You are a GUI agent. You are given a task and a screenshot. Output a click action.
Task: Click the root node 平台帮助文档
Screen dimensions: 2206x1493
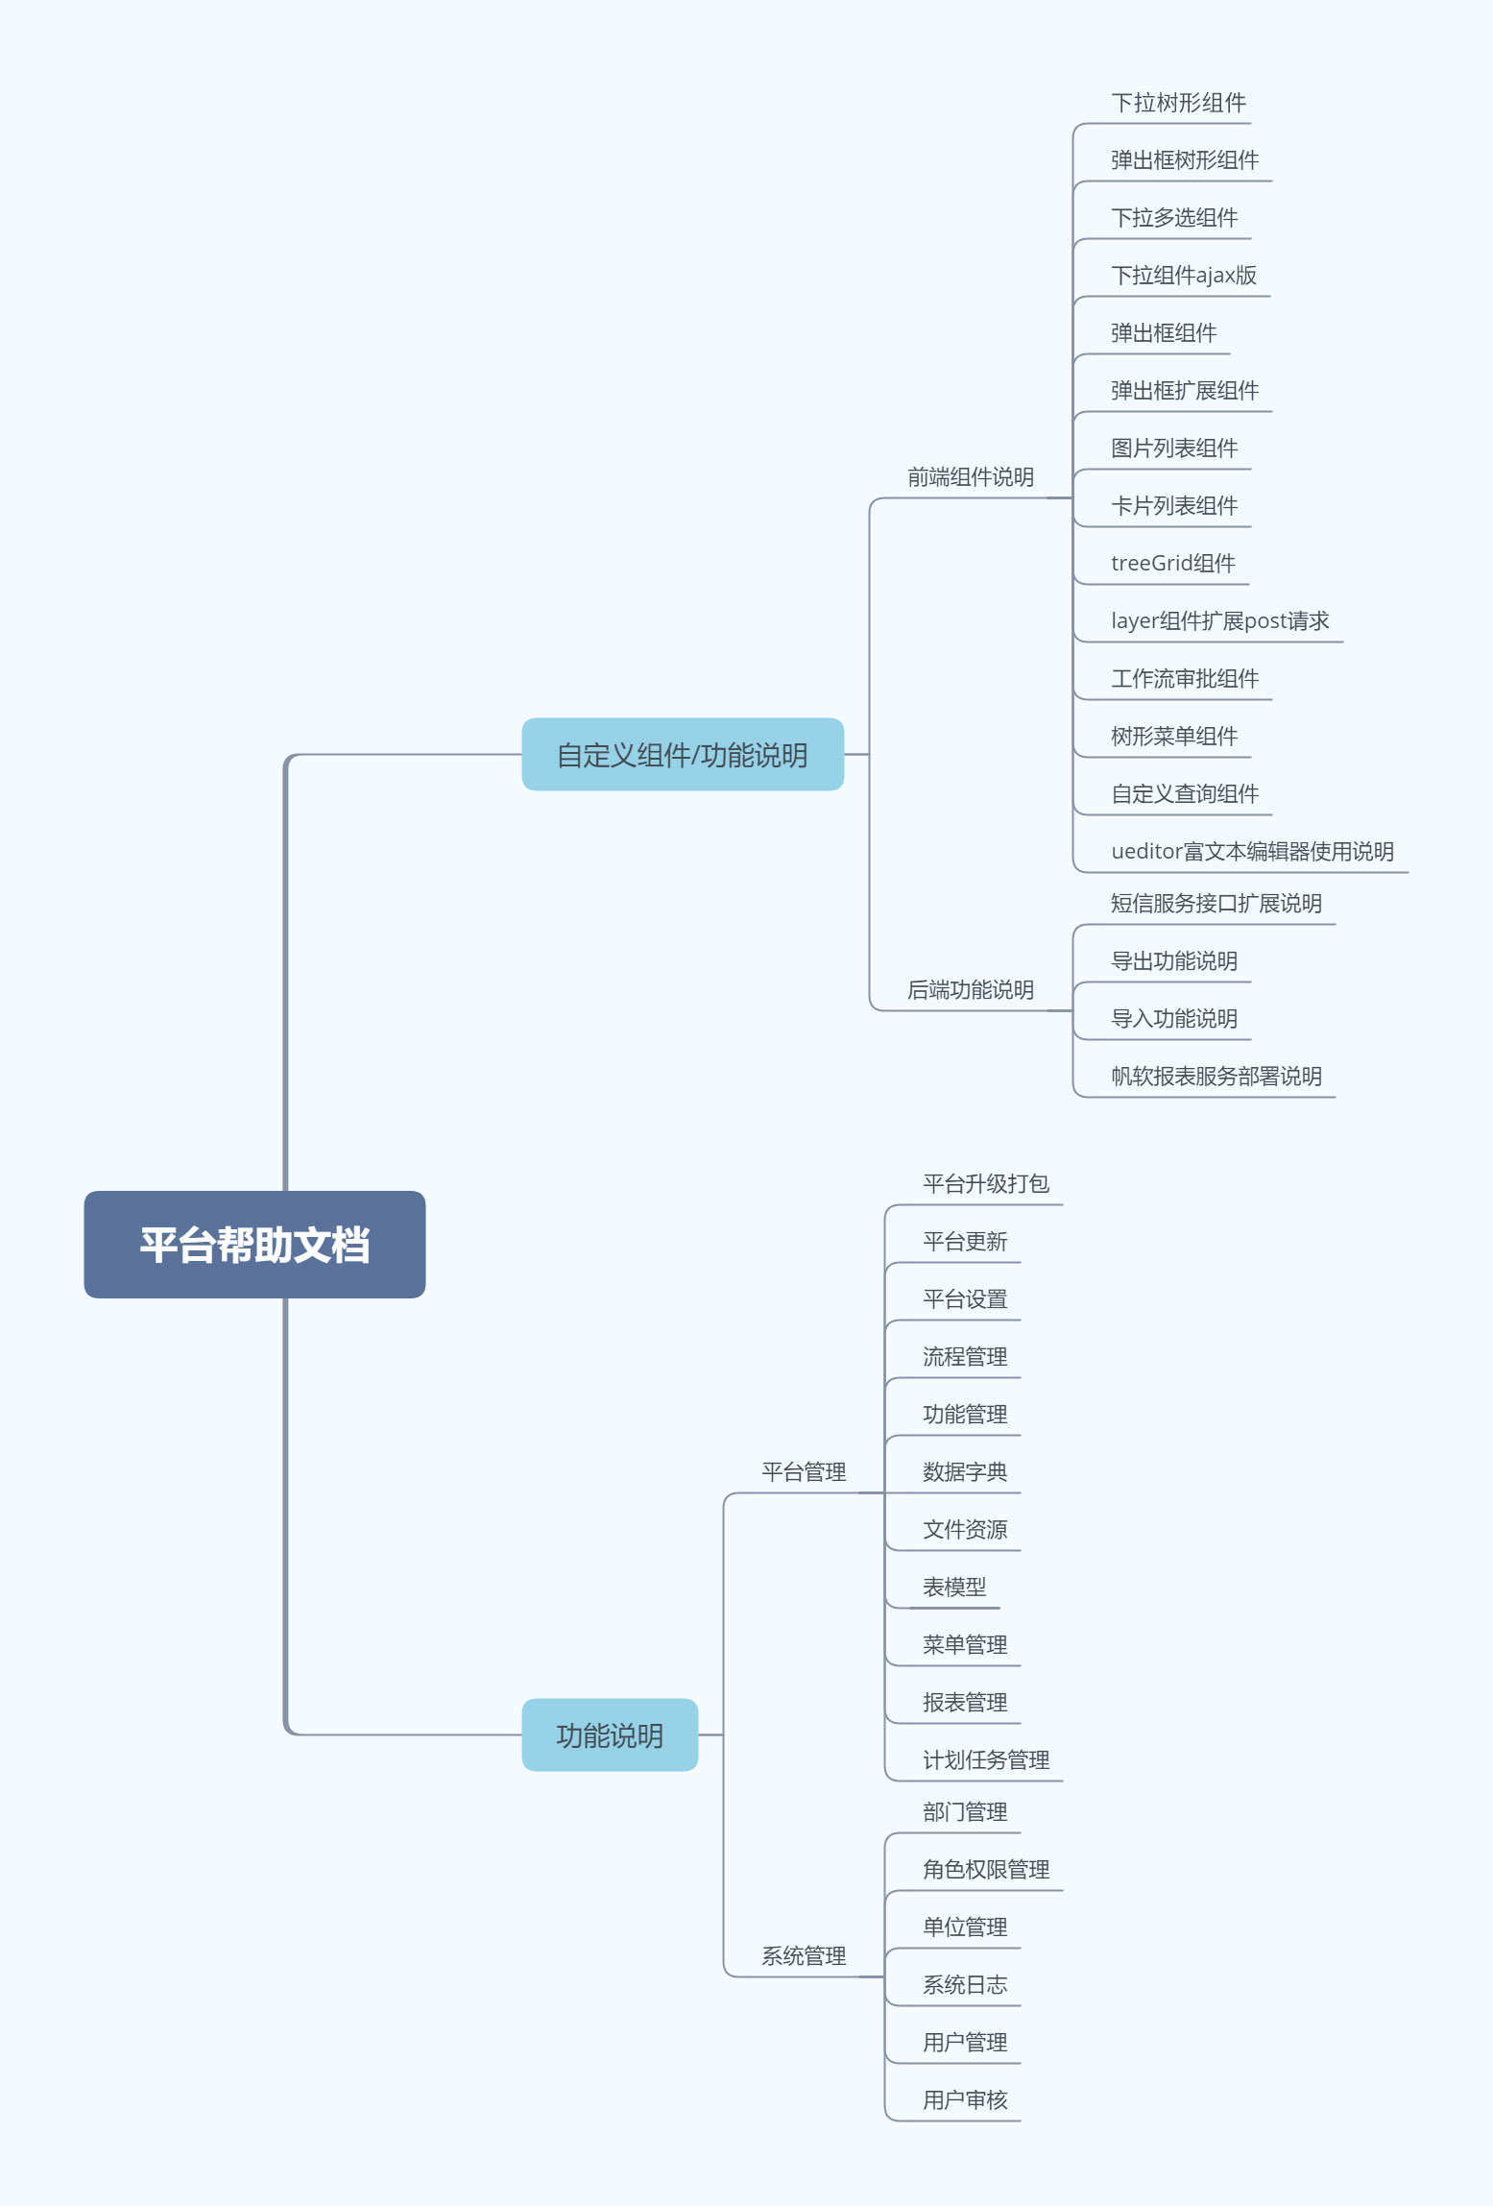point(254,1245)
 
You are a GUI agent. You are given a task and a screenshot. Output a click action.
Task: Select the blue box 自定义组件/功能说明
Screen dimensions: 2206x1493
point(682,755)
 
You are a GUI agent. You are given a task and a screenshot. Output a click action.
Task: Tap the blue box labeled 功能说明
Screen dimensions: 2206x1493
point(610,1735)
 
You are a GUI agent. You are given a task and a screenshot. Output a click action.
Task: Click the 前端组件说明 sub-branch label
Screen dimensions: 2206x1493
point(970,477)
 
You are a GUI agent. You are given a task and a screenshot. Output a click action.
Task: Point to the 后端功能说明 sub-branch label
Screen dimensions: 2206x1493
point(970,990)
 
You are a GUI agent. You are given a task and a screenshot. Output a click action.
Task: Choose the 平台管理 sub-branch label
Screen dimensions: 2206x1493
point(804,1472)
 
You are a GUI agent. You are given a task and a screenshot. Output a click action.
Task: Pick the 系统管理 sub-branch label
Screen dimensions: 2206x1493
point(804,1956)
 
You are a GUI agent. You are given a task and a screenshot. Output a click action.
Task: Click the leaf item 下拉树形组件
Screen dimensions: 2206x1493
point(1178,103)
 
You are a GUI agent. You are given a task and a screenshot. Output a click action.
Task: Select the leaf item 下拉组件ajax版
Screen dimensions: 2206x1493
point(1183,276)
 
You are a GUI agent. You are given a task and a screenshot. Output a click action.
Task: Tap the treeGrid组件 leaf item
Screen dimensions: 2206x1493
point(1172,564)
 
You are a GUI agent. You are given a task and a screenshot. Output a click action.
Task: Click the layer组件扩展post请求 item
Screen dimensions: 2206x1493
point(1219,621)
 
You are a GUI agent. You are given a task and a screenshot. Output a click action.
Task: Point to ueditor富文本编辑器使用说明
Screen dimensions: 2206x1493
point(1252,852)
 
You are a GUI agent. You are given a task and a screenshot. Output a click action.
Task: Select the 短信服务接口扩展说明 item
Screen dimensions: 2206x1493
point(1216,904)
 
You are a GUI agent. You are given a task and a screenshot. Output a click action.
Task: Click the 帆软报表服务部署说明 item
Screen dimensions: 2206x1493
point(1216,1077)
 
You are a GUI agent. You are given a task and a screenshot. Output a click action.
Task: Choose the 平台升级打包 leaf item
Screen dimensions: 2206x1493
point(985,1184)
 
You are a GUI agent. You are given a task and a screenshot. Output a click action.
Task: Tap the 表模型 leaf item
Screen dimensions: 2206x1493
point(954,1588)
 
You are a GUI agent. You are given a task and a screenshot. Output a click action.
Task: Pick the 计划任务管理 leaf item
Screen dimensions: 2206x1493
point(985,1760)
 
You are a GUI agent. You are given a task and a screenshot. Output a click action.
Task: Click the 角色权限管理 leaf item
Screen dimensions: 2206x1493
point(985,1870)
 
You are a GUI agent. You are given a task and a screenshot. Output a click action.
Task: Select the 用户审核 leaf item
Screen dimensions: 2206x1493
point(965,2100)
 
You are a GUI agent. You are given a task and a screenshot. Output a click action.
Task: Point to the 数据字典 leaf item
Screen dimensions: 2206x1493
point(965,1472)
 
